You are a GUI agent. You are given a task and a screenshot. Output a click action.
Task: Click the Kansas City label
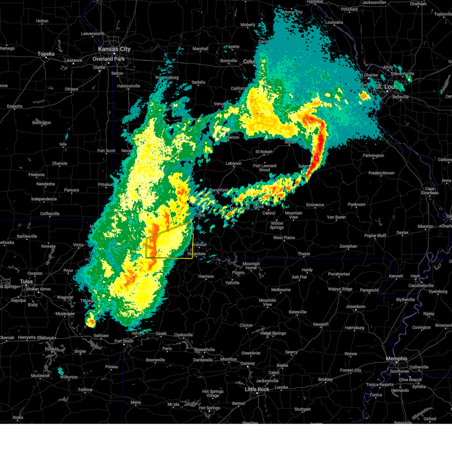[x=114, y=49]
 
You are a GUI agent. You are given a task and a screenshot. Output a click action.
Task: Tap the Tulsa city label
[x=26, y=282]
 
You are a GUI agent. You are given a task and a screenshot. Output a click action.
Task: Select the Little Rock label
[x=257, y=389]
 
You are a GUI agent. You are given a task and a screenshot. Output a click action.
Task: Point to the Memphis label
[x=397, y=359]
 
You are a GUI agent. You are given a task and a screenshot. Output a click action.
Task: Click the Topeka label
[x=46, y=54]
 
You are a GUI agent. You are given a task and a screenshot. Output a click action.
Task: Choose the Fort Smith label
[x=124, y=341]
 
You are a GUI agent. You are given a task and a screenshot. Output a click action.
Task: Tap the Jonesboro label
[x=356, y=307]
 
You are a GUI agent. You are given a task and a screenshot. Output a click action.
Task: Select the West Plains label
[x=284, y=238]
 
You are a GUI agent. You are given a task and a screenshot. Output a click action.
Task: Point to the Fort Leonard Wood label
[x=264, y=168]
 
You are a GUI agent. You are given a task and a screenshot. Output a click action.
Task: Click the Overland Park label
[x=108, y=59]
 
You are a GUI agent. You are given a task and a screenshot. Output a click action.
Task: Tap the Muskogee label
[x=65, y=314]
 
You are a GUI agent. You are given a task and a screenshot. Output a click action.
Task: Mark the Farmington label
[x=373, y=156]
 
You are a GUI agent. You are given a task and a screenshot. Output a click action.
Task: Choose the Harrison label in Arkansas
[x=206, y=276]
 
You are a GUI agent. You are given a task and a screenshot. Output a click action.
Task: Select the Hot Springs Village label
[x=213, y=394]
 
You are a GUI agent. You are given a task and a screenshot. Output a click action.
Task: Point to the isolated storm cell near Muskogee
[x=91, y=322]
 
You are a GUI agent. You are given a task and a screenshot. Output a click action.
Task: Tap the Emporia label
[x=14, y=106]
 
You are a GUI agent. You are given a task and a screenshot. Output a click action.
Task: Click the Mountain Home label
[x=251, y=266]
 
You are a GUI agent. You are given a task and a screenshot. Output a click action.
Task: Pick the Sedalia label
[x=199, y=82]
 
